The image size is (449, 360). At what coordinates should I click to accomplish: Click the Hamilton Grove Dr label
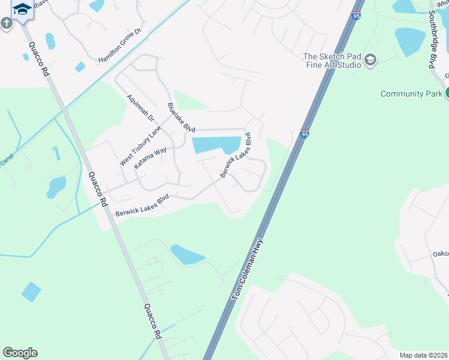[x=119, y=46]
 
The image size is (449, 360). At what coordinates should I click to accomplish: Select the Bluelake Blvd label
[x=181, y=118]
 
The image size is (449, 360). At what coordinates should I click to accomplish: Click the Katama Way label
[x=150, y=159]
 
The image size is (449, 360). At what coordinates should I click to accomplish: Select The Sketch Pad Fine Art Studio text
[x=331, y=61]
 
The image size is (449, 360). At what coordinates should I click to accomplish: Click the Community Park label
[x=411, y=94]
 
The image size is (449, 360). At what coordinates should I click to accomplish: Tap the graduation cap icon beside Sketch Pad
[x=370, y=60]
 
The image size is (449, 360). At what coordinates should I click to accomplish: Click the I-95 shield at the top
[x=357, y=16]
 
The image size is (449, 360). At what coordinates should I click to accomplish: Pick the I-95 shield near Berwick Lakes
[x=305, y=134]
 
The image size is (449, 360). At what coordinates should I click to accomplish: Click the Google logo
[x=20, y=353]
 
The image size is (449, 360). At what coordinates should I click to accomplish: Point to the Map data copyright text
[x=424, y=355]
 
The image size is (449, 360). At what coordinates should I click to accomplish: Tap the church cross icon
[x=7, y=23]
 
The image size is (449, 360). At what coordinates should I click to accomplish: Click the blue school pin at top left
[x=22, y=9]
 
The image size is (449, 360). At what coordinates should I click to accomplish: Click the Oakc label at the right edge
[x=441, y=254]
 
